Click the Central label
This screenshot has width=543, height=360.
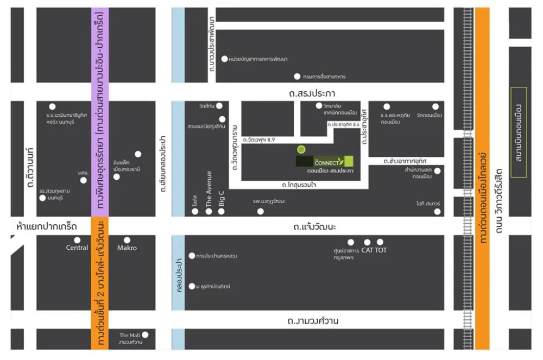tap(77, 248)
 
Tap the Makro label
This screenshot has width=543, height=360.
tap(127, 248)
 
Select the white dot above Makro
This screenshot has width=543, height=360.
tap(127, 240)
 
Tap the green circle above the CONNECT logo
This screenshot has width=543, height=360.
tap(301, 149)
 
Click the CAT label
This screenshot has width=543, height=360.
tap(367, 250)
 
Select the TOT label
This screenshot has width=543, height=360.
tap(381, 250)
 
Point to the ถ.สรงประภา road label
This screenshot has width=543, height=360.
tap(312, 93)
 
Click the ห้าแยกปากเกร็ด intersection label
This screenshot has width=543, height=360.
tap(47, 226)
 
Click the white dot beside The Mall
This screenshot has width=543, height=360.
tap(145, 334)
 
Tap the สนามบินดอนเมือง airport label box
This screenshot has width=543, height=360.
tap(519, 132)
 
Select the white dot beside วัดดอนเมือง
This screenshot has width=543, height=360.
tap(435, 106)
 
